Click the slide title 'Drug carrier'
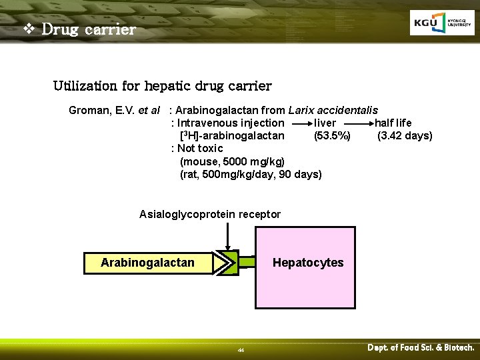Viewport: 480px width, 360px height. click(89, 29)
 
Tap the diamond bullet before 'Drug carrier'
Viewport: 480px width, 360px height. click(29, 29)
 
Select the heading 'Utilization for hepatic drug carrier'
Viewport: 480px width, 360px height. click(162, 86)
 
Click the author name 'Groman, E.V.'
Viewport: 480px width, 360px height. click(101, 110)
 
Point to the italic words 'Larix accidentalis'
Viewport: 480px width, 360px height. click(333, 110)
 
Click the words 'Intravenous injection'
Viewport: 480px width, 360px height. click(231, 123)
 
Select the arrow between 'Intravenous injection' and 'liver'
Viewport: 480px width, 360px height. click(299, 123)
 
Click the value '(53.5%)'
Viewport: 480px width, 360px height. click(332, 136)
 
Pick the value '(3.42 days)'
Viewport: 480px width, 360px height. click(405, 136)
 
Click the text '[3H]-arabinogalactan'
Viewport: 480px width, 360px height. click(232, 136)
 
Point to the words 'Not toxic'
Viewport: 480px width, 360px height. click(200, 148)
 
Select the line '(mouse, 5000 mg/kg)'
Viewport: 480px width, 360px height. click(232, 161)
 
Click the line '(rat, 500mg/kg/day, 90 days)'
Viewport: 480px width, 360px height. click(251, 174)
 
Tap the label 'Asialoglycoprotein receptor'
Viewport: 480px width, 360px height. click(210, 214)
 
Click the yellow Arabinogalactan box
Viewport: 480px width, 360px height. click(147, 263)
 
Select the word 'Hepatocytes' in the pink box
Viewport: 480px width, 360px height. click(308, 263)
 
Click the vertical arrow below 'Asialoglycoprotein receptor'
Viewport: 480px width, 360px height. click(229, 236)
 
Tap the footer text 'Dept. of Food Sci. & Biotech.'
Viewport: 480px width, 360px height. click(421, 347)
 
